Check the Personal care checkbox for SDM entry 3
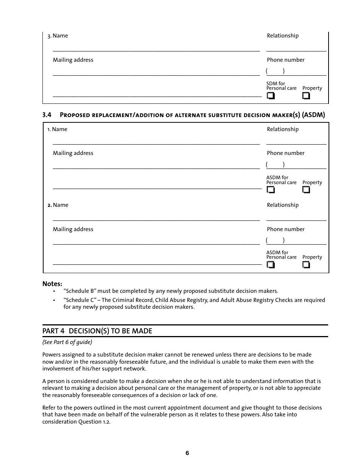pyautogui.click(x=270, y=96)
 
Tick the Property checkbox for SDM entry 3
pyautogui.click(x=306, y=96)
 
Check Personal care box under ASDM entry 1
pyautogui.click(x=270, y=189)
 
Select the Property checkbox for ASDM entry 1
pyautogui.click(x=306, y=189)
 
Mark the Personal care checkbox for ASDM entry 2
pyautogui.click(x=270, y=264)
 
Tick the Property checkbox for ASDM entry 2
pyautogui.click(x=306, y=264)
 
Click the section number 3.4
pyautogui.click(x=47, y=115)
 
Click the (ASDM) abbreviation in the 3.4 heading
pyautogui.click(x=313, y=115)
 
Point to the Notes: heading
pyautogui.click(x=52, y=284)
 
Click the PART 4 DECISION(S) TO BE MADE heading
pyautogui.click(x=97, y=331)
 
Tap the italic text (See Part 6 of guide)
pyautogui.click(x=67, y=342)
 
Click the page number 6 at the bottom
pyautogui.click(x=187, y=453)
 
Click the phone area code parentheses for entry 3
pyautogui.click(x=275, y=71)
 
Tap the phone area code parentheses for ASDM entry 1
pyautogui.click(x=275, y=164)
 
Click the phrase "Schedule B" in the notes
pyautogui.click(x=80, y=291)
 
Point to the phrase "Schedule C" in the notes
pyautogui.click(x=80, y=300)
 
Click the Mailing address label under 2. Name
pyautogui.click(x=73, y=229)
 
